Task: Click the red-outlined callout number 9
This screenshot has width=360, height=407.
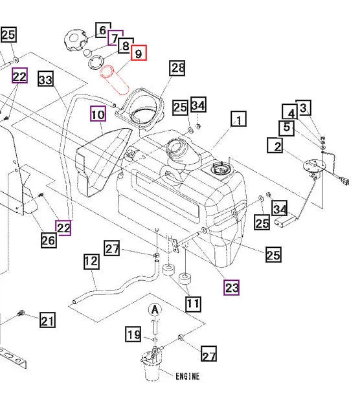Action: pyautogui.click(x=139, y=54)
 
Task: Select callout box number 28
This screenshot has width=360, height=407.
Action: pyautogui.click(x=177, y=68)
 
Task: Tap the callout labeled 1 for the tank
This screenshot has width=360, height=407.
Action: pyautogui.click(x=239, y=120)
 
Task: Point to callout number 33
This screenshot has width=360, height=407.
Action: pyautogui.click(x=45, y=80)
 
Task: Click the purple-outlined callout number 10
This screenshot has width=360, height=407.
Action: pyautogui.click(x=97, y=115)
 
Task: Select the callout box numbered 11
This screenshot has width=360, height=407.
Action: pyautogui.click(x=192, y=302)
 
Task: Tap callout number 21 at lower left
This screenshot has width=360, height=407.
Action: pyautogui.click(x=47, y=320)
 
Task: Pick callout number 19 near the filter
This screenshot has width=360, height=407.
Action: pyautogui.click(x=133, y=335)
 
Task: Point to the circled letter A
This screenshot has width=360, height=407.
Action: pyautogui.click(x=154, y=311)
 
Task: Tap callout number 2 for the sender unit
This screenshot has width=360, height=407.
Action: pyautogui.click(x=276, y=146)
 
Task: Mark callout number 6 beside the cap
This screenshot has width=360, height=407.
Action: pyautogui.click(x=102, y=30)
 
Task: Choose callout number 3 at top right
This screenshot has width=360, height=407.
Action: pyautogui.click(x=304, y=107)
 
